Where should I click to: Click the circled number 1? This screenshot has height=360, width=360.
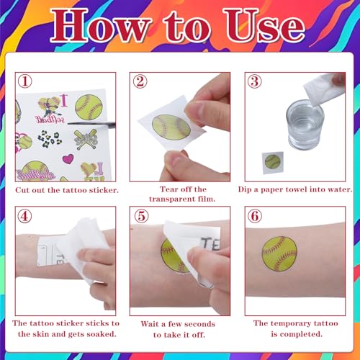coord(25,81)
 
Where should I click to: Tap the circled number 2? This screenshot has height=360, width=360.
coord(140,81)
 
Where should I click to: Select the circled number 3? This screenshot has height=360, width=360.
coord(255,81)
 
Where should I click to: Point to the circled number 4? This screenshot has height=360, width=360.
coord(24,216)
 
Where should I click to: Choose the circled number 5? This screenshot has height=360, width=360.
coord(141,216)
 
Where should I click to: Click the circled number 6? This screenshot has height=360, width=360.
coord(255,216)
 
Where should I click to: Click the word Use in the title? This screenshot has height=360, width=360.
coord(265,26)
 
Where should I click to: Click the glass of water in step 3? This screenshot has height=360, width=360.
coord(304,125)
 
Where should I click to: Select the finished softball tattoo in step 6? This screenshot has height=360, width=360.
coord(279,253)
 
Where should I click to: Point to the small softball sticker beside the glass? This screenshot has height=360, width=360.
coord(273,162)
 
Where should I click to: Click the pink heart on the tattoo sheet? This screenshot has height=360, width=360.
coord(68,158)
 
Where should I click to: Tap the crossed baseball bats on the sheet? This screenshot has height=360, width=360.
coord(86,140)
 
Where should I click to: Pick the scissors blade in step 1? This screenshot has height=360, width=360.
coord(91,124)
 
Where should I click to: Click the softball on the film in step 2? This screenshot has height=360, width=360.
coord(171,127)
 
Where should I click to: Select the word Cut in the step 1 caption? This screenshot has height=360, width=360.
coord(22,190)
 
